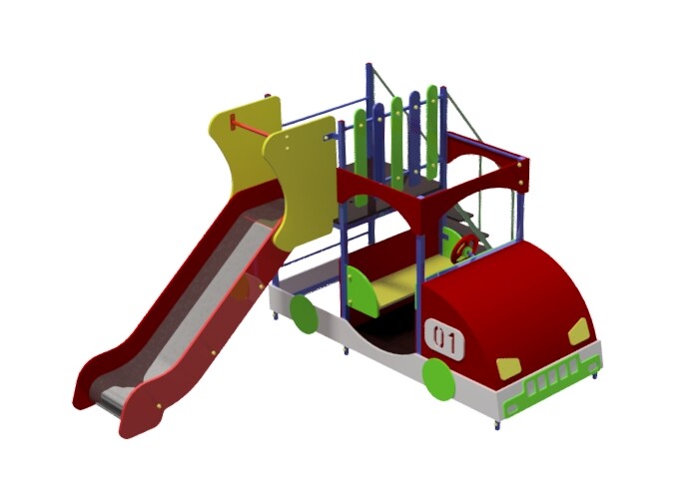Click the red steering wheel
click(x=464, y=249)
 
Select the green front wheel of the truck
click(x=439, y=380)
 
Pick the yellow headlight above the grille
click(x=508, y=368)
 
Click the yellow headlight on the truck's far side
click(x=578, y=331)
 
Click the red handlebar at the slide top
click(x=251, y=128)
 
